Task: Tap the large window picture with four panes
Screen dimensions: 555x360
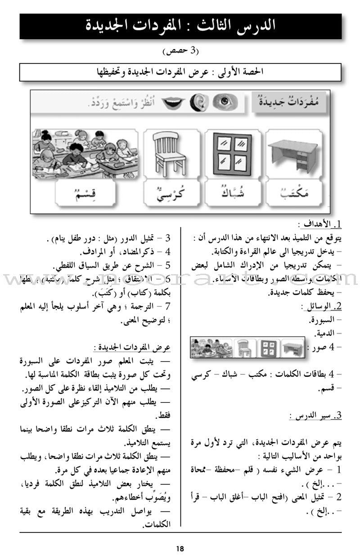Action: [x=232, y=153]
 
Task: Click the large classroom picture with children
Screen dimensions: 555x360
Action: [x=85, y=153]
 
